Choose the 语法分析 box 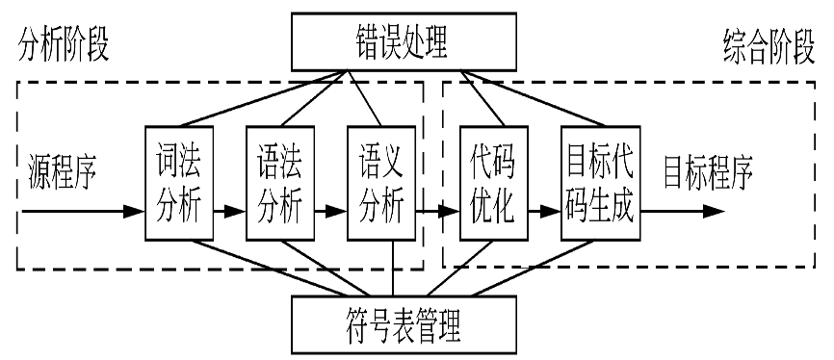pos(279,182)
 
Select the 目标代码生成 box pos(598,182)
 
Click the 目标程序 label pos(707,174)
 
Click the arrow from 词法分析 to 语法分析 pos(228,209)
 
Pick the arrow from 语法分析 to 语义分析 pos(329,209)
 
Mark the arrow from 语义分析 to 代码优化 pos(436,209)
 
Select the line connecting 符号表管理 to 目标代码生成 pos(539,270)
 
